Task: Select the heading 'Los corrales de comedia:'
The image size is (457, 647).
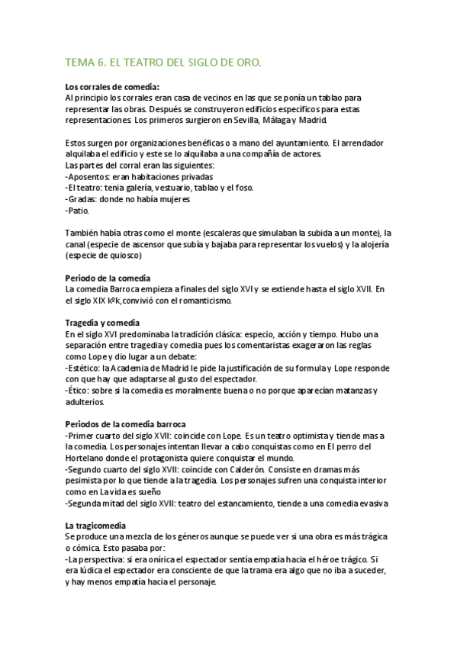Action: [112, 87]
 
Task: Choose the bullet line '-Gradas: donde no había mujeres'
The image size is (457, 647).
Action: [128, 198]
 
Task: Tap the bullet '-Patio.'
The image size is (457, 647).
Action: [78, 210]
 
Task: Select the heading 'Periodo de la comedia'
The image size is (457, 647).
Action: [108, 278]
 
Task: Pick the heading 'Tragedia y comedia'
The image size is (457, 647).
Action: [102, 323]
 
